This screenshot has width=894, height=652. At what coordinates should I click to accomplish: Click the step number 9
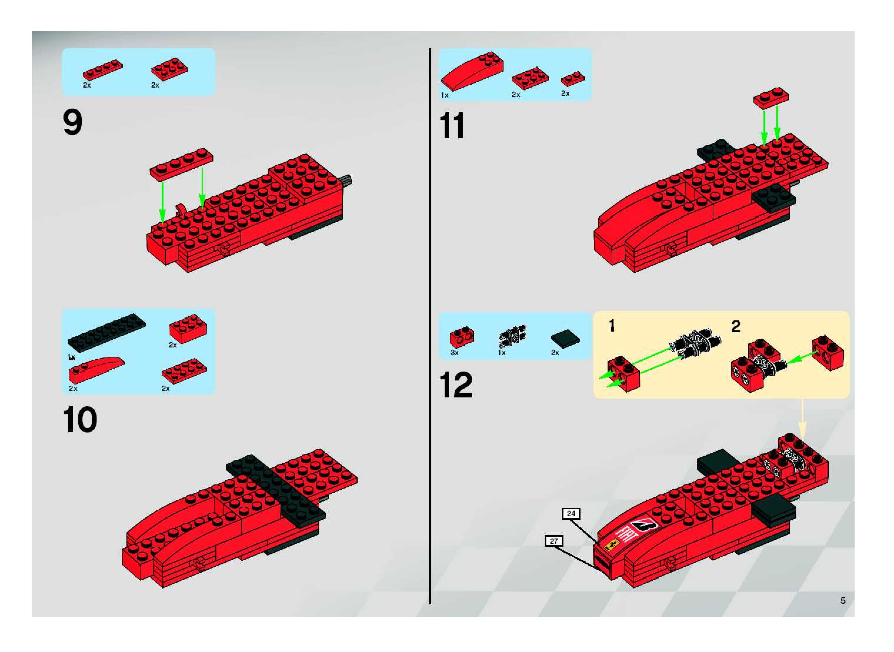(x=73, y=123)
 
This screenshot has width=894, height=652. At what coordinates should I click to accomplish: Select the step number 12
(x=456, y=385)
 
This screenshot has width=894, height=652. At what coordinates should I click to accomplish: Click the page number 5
(x=843, y=600)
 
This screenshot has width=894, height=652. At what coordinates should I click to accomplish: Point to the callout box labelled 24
(x=571, y=514)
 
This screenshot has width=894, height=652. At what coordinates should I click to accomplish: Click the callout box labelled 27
(x=554, y=541)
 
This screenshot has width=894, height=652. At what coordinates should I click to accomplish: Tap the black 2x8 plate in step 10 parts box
(x=107, y=330)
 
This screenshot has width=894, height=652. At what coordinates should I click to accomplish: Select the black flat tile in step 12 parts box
(x=566, y=339)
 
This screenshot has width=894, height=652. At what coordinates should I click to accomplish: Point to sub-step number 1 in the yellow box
(x=612, y=326)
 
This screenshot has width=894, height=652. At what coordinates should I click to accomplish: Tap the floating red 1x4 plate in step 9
(x=181, y=164)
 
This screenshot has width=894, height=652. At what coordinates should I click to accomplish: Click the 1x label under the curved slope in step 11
(x=445, y=95)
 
